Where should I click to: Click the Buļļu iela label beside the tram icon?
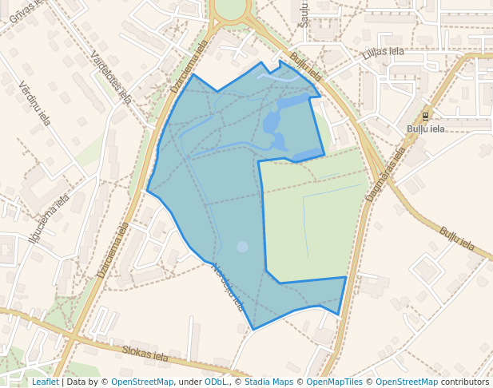pyautogui.click(x=426, y=129)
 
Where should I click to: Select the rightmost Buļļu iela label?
pyautogui.click(x=458, y=241)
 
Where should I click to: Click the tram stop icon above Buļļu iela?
pyautogui.click(x=426, y=114)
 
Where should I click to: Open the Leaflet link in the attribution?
pyautogui.click(x=45, y=382)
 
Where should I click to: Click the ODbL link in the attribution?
pyautogui.click(x=215, y=382)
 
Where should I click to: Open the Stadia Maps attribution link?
pyautogui.click(x=268, y=382)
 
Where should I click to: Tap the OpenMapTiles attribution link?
pyautogui.click(x=333, y=382)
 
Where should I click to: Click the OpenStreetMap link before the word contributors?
pyautogui.click(x=406, y=382)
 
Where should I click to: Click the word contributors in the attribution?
pyautogui.click(x=464, y=382)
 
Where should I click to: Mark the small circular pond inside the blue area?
pyautogui.click(x=242, y=247)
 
